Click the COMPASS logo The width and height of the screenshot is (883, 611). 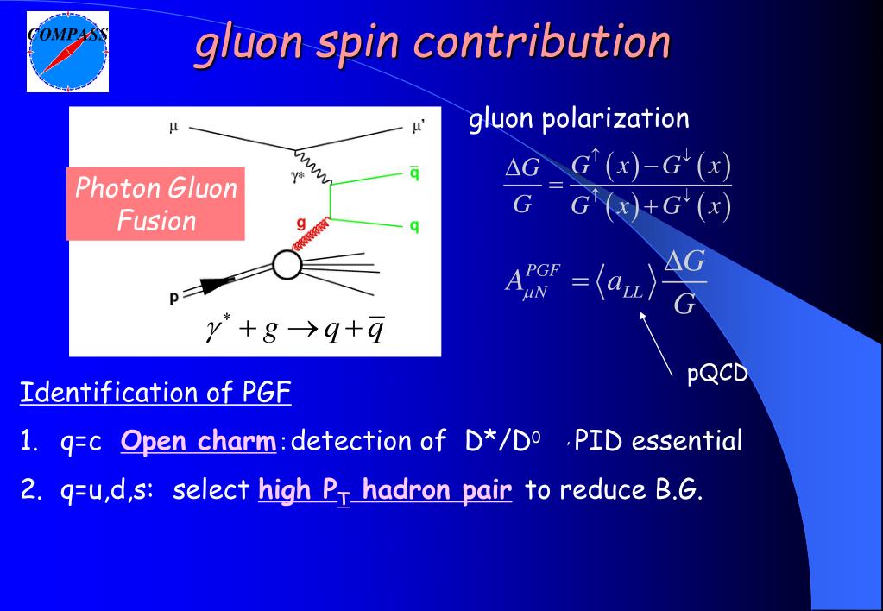coord(67,51)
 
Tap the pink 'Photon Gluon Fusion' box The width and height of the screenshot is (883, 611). coord(156,204)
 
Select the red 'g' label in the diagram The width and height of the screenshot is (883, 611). coord(300,222)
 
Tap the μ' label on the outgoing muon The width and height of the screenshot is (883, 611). coord(418,127)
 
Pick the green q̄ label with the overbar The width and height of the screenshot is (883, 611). coord(414,173)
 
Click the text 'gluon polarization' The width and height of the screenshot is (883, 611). coord(578,119)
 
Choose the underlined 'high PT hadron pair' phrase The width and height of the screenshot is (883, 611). coord(385,490)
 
